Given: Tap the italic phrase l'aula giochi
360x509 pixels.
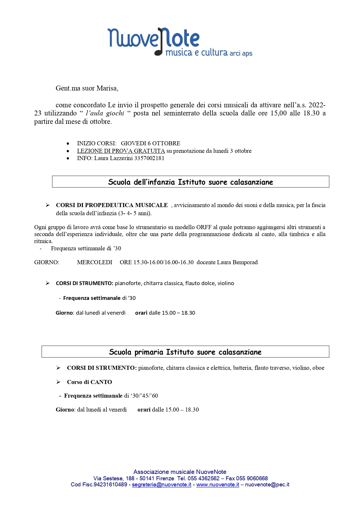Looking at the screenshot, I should [105, 113].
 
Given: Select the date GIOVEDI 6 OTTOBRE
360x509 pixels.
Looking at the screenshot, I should [151, 143].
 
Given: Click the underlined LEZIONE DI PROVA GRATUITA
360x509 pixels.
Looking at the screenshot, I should [121, 151].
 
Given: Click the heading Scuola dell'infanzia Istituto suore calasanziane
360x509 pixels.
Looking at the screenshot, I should [191, 182].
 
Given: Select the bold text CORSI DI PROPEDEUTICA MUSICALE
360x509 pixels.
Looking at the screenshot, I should [112, 205].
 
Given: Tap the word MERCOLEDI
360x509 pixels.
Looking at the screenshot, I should [95, 262].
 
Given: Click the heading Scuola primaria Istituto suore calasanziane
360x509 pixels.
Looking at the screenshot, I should [185, 352].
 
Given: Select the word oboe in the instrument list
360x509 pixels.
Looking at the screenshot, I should [318, 368].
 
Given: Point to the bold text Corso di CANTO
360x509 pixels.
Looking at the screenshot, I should [89, 382].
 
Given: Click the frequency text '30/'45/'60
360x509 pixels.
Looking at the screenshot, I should [144, 396].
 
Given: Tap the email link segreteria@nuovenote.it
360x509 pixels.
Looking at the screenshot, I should [162, 485].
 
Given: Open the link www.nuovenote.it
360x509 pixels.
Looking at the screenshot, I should [218, 485].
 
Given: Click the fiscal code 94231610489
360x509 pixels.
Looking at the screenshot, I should [111, 485].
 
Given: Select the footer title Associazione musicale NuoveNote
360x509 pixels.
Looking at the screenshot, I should [180, 472].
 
